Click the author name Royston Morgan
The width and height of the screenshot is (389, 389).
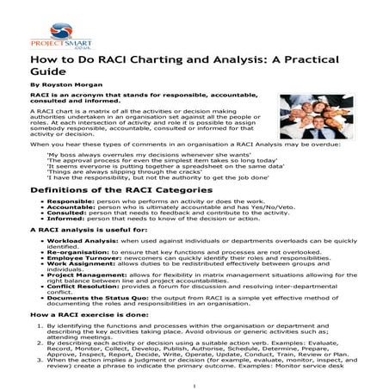(x=67, y=87)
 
